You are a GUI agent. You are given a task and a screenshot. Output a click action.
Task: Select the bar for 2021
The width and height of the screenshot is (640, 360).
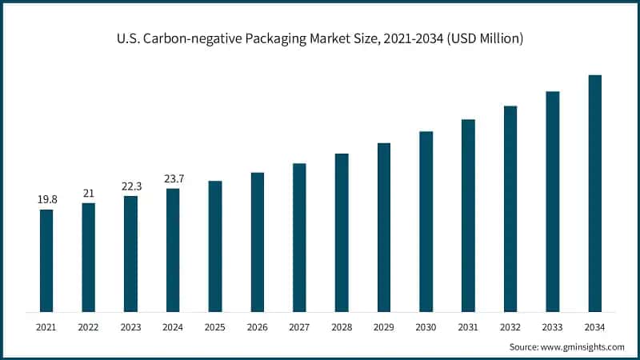click(x=46, y=260)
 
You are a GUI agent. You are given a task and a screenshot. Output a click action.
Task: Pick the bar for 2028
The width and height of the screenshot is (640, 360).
click(x=342, y=232)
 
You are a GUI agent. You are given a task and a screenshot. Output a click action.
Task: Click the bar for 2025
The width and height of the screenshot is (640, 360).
click(x=215, y=246)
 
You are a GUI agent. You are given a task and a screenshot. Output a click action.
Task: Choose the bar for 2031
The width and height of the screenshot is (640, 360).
click(x=468, y=215)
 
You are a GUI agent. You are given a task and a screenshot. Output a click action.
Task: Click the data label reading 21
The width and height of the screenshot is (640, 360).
click(x=89, y=193)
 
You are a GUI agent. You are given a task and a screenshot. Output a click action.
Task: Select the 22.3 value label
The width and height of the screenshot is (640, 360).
click(x=130, y=186)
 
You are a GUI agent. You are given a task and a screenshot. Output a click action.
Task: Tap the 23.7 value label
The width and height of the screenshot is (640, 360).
click(x=173, y=178)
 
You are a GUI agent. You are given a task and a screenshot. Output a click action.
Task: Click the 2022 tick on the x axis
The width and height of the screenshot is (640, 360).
click(x=89, y=327)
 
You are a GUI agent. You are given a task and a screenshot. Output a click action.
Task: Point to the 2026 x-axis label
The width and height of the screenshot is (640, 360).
click(x=257, y=327)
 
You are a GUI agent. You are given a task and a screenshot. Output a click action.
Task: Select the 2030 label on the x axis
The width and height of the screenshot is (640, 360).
click(x=426, y=327)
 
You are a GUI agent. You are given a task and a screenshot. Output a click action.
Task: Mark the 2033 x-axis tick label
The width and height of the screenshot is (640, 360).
click(x=552, y=327)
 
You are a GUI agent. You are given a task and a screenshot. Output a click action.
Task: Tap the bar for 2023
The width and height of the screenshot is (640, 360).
click(x=130, y=254)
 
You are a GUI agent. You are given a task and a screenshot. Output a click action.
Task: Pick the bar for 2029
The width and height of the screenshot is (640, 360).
click(x=384, y=227)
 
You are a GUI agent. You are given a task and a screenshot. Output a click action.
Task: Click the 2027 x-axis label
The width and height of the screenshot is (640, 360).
click(x=299, y=327)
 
